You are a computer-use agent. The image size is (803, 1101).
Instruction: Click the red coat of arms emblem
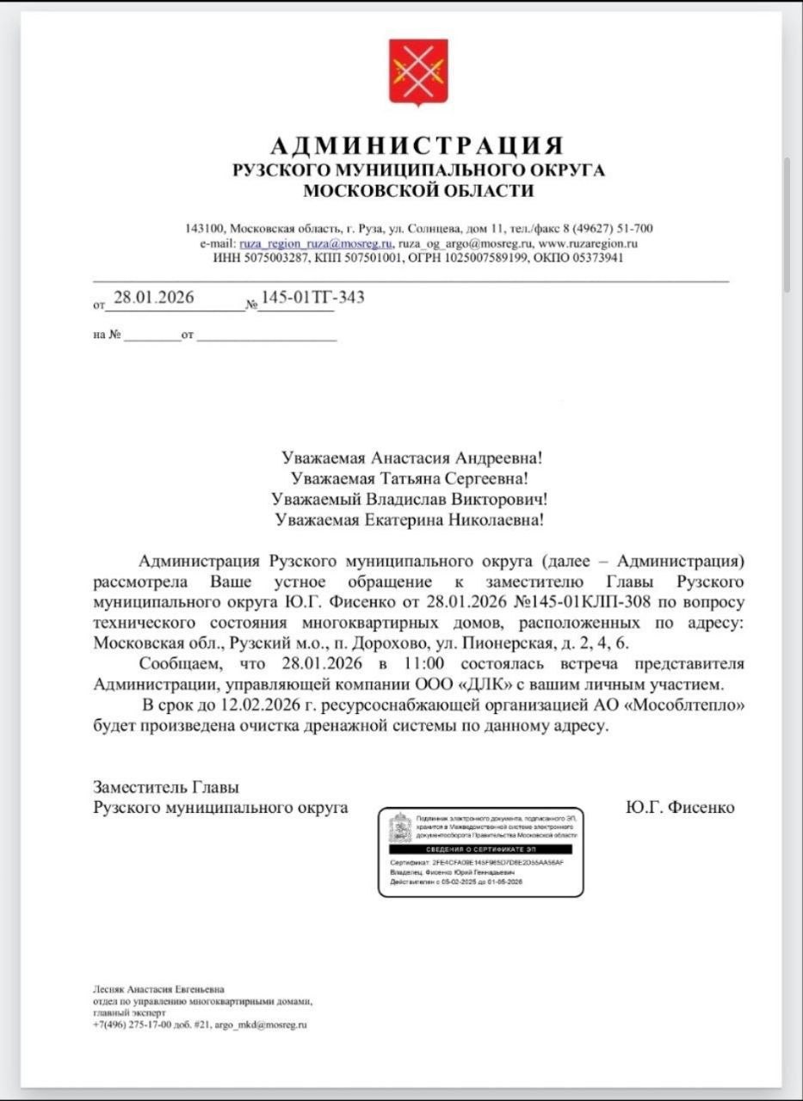(418, 72)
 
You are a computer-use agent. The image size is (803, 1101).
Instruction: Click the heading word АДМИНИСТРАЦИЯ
(418, 145)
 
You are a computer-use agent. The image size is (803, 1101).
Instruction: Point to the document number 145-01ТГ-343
(312, 298)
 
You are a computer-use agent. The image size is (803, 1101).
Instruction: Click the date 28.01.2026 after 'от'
(153, 298)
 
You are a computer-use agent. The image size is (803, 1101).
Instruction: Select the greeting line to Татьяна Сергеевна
(409, 478)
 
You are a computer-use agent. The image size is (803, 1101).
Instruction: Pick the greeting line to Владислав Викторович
(409, 499)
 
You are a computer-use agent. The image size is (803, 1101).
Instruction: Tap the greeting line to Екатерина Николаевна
(409, 520)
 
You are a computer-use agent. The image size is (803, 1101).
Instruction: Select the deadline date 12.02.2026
(255, 705)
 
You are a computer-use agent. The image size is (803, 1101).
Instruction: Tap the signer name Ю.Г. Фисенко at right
(680, 808)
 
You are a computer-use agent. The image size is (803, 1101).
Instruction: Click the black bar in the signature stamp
(483, 848)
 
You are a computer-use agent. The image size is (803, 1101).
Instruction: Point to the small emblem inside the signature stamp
(399, 827)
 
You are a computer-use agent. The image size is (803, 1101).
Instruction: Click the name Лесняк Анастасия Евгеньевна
(159, 990)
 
